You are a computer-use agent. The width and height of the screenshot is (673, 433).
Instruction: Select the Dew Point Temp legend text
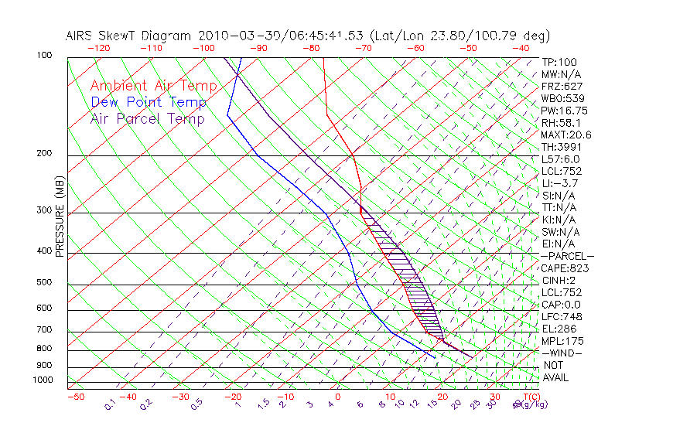tap(149, 102)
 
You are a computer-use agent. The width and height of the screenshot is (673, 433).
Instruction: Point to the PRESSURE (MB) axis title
tap(60, 216)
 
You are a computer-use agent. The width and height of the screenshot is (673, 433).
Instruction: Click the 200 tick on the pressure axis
tap(44, 154)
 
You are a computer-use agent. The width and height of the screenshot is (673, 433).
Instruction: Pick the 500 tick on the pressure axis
tap(44, 283)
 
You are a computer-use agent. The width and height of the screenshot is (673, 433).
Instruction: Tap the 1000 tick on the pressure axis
tap(42, 380)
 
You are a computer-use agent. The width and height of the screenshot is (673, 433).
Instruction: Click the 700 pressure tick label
tap(44, 331)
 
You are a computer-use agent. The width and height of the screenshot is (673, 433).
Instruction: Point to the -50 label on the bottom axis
tap(75, 397)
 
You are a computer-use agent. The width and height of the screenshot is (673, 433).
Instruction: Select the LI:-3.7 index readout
tap(559, 183)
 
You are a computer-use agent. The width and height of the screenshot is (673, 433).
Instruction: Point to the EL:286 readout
tap(558, 329)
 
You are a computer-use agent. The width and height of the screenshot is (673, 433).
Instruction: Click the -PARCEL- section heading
tap(567, 256)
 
